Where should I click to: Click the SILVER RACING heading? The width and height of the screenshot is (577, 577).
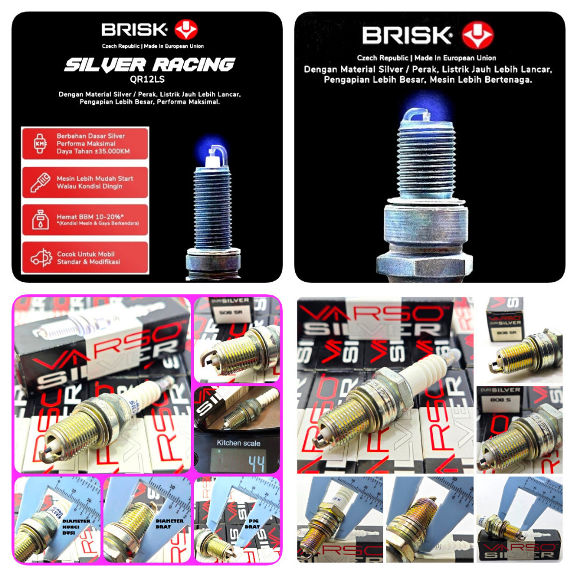[149, 65]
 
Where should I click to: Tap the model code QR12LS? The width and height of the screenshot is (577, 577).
[149, 79]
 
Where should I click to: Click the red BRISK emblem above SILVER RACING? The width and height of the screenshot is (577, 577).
[186, 29]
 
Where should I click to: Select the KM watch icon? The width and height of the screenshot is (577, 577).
[39, 143]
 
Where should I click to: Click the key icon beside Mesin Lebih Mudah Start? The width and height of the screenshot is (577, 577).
[39, 182]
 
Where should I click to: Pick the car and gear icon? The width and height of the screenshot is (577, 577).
[39, 258]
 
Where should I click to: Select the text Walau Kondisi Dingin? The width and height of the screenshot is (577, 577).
[89, 187]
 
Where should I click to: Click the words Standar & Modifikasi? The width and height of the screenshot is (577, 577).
[88, 262]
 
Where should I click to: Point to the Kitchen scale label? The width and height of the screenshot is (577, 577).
[238, 443]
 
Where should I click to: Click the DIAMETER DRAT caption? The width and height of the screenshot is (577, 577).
[170, 524]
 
